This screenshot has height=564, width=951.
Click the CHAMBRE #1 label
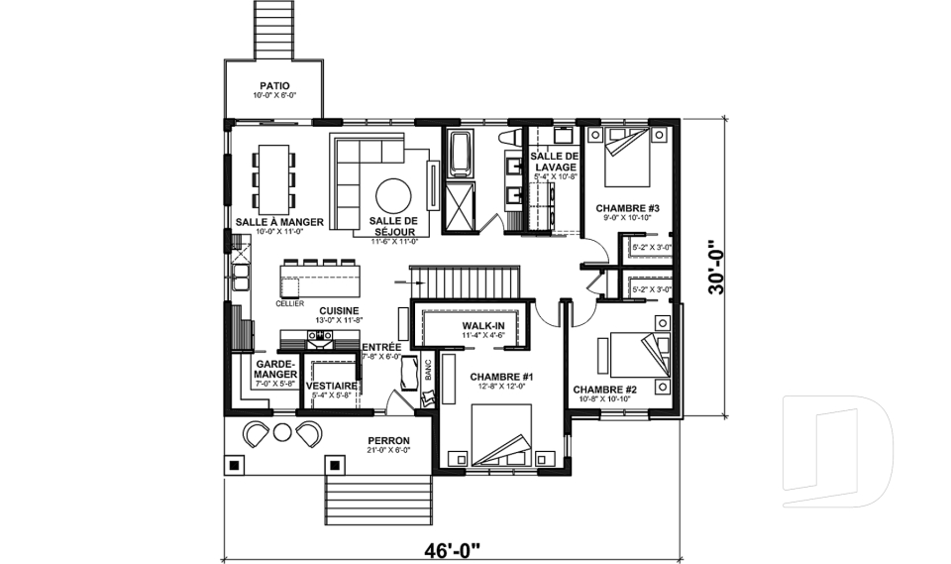(501, 377)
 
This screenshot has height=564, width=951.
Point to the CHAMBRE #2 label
(603, 390)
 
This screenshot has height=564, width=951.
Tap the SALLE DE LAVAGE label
(553, 163)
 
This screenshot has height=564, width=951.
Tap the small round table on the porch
(282, 432)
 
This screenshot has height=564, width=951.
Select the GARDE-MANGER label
(273, 370)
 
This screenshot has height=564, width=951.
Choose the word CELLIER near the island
(290, 303)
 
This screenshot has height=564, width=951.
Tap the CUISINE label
(311, 310)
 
